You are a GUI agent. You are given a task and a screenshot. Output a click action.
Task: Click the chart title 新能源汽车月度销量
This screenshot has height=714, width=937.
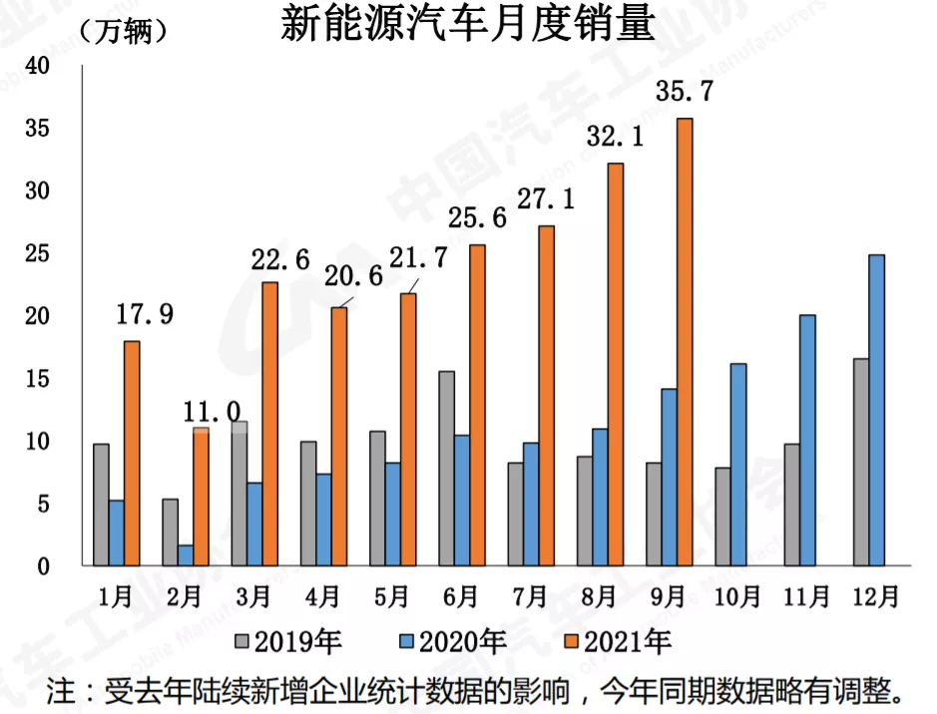468,24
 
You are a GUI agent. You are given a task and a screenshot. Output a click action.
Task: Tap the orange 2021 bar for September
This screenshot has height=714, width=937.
685,342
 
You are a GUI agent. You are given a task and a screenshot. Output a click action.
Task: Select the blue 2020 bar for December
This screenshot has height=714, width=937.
877,410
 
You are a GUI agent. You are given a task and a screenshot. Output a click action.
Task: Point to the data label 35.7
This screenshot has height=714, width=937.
685,93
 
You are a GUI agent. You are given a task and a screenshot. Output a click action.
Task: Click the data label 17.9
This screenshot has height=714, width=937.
146,315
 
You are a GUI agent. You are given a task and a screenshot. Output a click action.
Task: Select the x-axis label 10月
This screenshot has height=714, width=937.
738,597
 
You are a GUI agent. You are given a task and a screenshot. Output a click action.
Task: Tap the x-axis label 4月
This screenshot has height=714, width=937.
322,597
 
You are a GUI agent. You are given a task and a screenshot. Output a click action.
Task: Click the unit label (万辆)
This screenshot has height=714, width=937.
124,31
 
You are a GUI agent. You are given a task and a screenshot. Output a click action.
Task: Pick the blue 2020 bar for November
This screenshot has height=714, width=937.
807,440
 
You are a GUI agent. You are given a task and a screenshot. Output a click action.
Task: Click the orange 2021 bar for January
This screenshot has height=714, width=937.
132,453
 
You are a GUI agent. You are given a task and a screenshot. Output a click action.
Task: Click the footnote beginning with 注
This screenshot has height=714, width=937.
479,689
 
